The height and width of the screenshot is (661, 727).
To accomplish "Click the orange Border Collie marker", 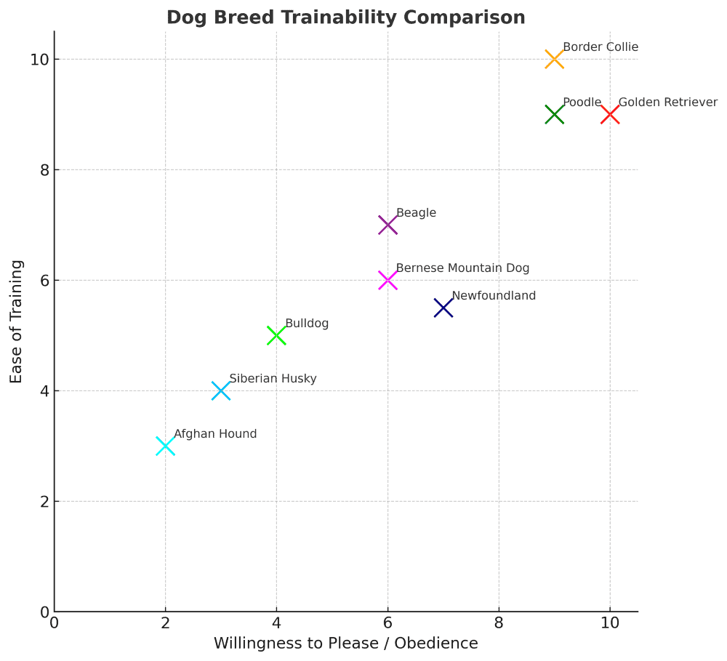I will tap(554, 60).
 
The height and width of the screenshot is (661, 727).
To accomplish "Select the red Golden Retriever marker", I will tap(610, 115).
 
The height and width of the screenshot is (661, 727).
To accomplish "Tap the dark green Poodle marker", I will tap(554, 115).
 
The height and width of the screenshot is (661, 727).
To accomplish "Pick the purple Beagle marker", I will tap(387, 225).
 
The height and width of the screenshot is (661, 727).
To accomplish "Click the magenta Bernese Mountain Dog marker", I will tap(387, 281).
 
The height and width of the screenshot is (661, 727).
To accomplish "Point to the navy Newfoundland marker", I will tap(443, 308).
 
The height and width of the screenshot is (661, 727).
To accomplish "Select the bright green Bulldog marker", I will tap(276, 336).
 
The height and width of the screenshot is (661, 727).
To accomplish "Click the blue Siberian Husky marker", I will tap(221, 391).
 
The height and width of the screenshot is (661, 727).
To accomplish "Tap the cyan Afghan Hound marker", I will tap(165, 446).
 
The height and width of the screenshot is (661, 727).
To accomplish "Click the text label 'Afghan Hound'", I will tap(215, 434).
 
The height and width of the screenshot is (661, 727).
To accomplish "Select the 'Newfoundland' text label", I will tap(494, 296).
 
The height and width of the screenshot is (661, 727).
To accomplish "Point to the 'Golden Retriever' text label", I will tap(667, 103).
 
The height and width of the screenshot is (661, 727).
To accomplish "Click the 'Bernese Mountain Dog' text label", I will tap(462, 268).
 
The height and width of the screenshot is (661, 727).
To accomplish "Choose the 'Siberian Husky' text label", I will tap(273, 379).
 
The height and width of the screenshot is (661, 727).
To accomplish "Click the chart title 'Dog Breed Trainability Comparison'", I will tap(346, 17).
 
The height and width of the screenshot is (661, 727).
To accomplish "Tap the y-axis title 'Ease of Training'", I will tap(17, 321).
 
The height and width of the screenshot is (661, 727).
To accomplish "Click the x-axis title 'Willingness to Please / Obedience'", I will tap(346, 644).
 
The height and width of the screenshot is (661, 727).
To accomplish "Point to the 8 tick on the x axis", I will tap(499, 622).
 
